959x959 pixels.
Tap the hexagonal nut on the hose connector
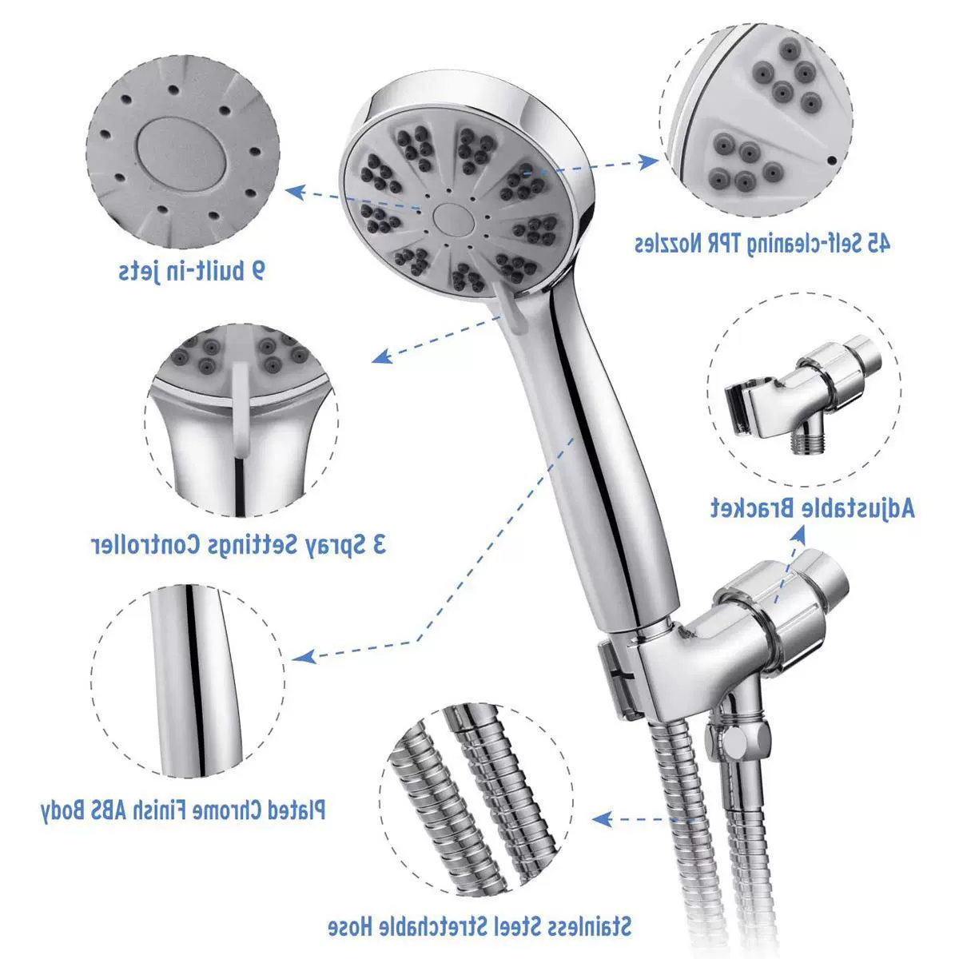(734, 742)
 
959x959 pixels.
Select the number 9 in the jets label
(257, 271)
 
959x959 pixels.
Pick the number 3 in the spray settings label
(378, 544)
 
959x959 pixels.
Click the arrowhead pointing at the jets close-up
(295, 191)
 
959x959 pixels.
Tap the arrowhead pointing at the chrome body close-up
(304, 656)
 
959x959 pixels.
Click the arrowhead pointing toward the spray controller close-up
(382, 356)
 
